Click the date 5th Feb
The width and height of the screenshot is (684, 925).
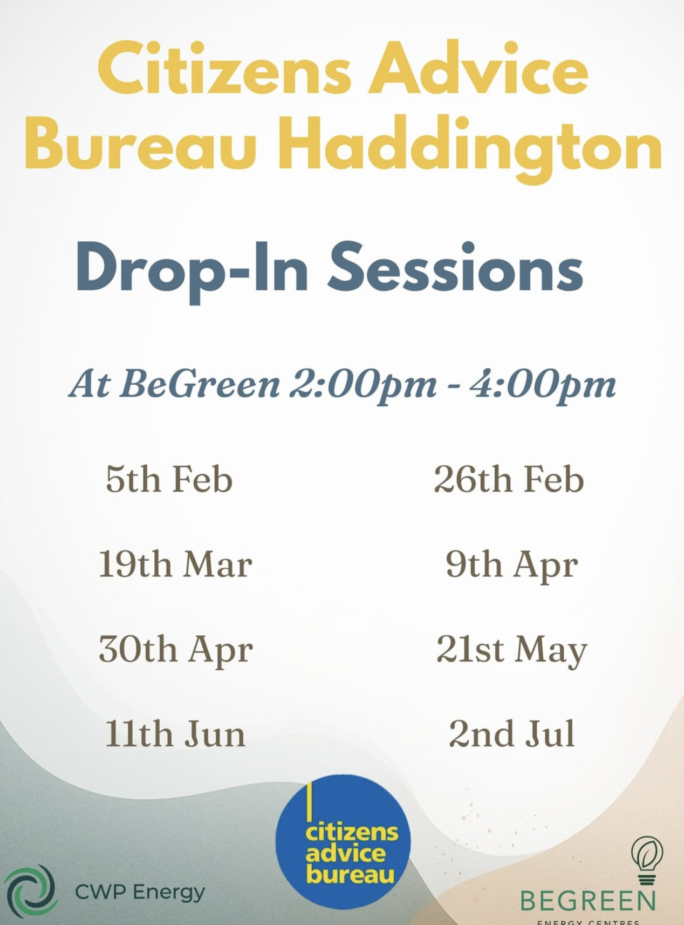pyautogui.click(x=169, y=479)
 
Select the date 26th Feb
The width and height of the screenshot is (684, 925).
pyautogui.click(x=509, y=479)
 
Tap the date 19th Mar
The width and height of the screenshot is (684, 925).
pyautogui.click(x=175, y=564)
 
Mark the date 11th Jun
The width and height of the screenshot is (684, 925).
pyautogui.click(x=175, y=733)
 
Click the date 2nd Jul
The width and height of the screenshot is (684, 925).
pyautogui.click(x=511, y=733)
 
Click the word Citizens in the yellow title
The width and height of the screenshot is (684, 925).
pyautogui.click(x=224, y=70)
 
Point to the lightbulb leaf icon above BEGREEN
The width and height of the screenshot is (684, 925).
pyautogui.click(x=647, y=860)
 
